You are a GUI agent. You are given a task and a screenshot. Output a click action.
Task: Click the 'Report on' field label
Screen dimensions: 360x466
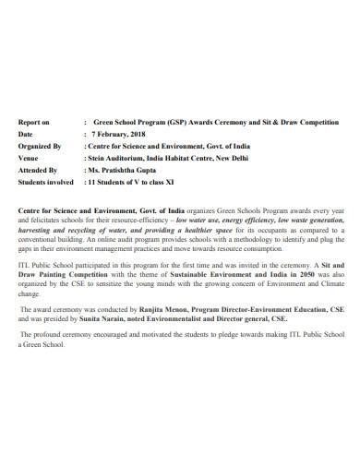(x=34, y=121)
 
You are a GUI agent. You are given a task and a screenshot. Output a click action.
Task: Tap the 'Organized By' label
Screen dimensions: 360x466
(x=40, y=146)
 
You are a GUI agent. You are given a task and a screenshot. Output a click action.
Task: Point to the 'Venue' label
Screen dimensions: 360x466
(x=30, y=158)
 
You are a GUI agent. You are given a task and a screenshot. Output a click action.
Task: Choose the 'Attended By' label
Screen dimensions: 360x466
(x=38, y=170)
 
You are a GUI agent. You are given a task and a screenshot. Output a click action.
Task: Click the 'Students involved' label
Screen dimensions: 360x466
(x=46, y=183)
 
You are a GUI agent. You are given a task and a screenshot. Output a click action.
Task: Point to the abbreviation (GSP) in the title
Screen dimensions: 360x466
(x=175, y=121)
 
